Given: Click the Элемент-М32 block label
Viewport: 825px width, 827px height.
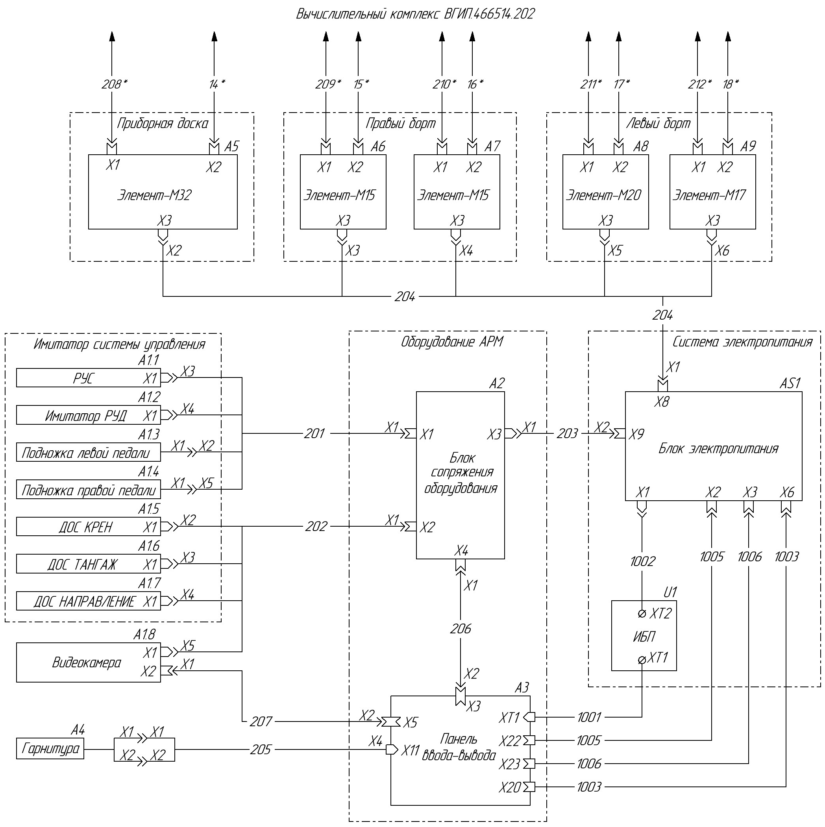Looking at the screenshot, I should click(154, 195).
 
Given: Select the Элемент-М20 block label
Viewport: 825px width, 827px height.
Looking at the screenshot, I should click(604, 195).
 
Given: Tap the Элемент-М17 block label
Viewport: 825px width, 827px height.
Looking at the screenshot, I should click(709, 195).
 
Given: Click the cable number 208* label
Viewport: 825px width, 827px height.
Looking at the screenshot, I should click(114, 84).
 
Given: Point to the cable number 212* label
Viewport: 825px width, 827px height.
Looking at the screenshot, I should click(699, 84).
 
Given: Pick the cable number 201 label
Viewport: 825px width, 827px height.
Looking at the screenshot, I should click(314, 434).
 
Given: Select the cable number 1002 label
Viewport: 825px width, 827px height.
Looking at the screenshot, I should click(642, 561).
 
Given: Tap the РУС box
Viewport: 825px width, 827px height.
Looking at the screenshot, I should click(88, 378).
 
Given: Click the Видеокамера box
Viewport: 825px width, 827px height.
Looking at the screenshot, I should click(88, 662).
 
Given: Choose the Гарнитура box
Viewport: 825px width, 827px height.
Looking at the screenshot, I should click(50, 748).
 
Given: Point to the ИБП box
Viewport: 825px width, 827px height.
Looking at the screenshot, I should click(644, 636).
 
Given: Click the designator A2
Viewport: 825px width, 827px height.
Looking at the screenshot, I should click(497, 383).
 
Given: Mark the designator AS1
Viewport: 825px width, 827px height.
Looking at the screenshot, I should click(790, 383).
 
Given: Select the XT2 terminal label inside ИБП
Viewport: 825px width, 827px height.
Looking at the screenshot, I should click(660, 613).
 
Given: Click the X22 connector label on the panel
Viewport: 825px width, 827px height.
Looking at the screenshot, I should click(509, 740).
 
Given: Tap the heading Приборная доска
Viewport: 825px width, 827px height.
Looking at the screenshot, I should click(162, 124).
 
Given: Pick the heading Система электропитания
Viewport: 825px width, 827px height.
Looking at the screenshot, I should click(742, 342).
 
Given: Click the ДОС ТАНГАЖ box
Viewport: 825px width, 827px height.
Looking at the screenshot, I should click(88, 564).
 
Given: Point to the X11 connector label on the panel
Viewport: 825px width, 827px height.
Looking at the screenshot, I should click(410, 750).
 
